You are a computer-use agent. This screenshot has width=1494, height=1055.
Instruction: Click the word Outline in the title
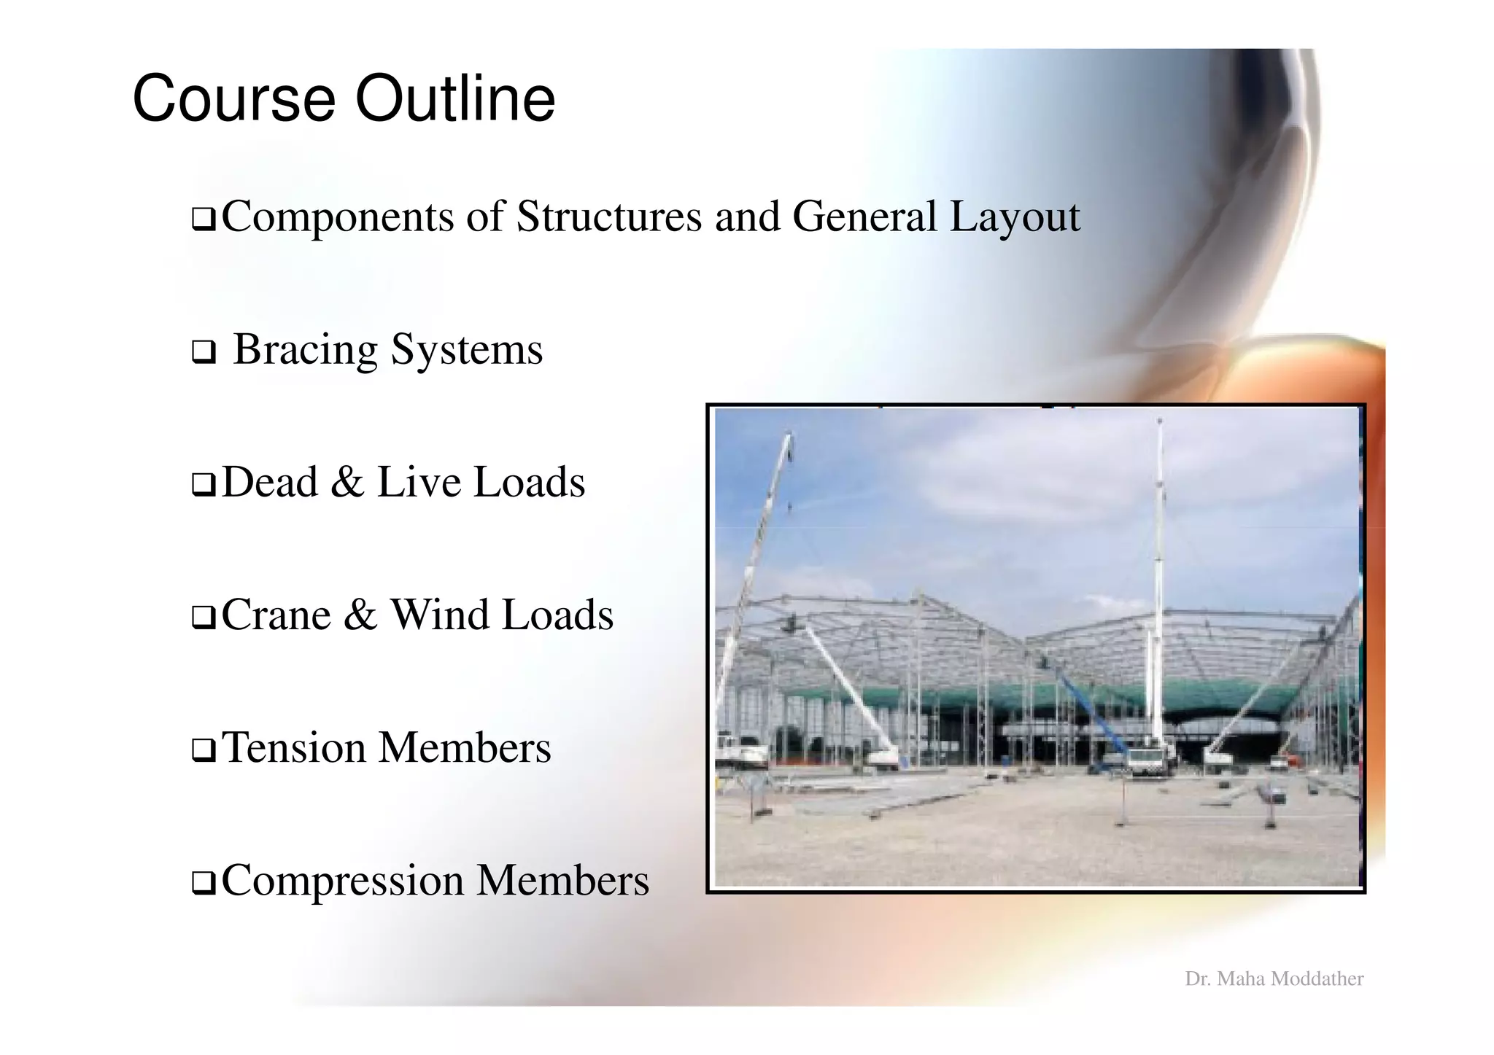tap(454, 99)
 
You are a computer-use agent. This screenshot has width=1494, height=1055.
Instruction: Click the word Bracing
tap(305, 350)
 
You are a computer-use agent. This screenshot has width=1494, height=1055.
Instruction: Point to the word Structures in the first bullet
tap(608, 217)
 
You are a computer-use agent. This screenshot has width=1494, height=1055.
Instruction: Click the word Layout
tap(1014, 218)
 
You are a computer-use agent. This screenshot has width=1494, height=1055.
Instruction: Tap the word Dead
tap(270, 482)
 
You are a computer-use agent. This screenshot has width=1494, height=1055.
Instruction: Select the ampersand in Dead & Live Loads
tap(347, 483)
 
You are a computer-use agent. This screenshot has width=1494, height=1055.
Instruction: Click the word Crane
tap(276, 615)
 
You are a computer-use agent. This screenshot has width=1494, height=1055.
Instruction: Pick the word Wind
tap(439, 615)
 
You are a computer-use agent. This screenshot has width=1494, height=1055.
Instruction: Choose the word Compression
tap(342, 881)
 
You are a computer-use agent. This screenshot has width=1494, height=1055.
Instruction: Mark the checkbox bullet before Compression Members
tap(203, 884)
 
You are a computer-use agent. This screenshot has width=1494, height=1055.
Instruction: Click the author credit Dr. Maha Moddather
tap(1274, 978)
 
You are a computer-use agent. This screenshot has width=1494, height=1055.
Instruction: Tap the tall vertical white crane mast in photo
tap(1158, 569)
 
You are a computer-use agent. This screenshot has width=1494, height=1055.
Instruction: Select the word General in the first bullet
tap(864, 217)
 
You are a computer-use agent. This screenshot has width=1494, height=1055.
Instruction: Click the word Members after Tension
tap(465, 748)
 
